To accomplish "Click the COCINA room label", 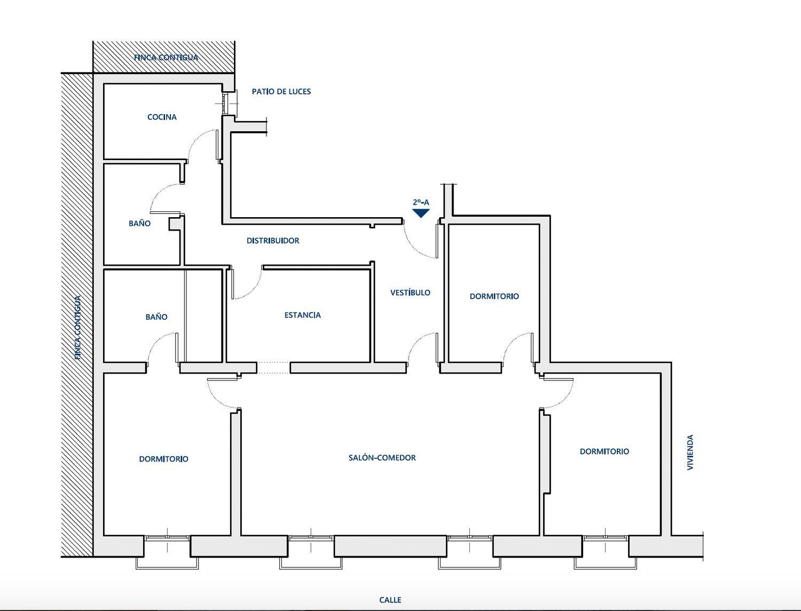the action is pos(162,117).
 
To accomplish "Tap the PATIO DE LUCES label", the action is pos(281,91).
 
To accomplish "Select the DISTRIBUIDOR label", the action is pos(273,241).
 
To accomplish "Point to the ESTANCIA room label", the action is pos(303,315).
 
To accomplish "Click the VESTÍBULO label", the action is pos(410,292).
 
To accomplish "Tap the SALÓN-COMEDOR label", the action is pos(382,457).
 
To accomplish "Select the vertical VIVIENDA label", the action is pos(690,453).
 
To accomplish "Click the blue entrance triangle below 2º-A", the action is pos(421,213).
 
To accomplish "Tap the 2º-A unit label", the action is pos(421,202).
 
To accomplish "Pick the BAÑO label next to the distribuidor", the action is pos(139,224).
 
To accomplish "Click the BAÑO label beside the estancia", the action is pos(156,317).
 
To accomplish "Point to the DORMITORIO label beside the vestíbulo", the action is pos(494,296).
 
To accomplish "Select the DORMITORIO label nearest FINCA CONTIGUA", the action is pos(163,459).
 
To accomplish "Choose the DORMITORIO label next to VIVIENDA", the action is pos(604,451).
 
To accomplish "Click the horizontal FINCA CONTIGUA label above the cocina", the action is pos(166,58).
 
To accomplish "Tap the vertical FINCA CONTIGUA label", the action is pos(78,328).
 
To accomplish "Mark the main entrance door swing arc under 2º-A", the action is pos(414,247).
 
